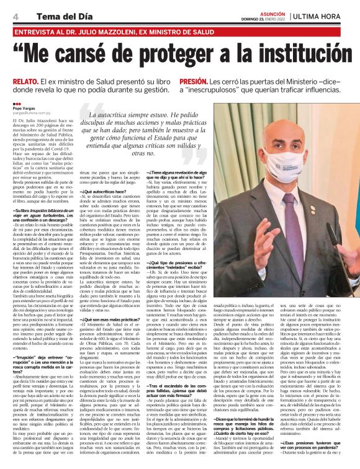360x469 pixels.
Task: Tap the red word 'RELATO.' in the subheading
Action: click(x=25, y=81)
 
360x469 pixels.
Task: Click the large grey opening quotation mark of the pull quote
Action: click(x=84, y=115)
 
